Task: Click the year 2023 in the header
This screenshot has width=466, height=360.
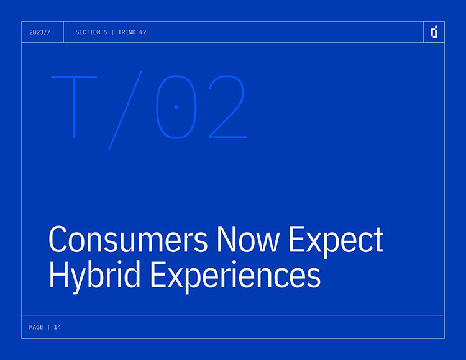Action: (x=36, y=32)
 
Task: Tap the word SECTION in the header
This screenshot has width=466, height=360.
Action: (x=88, y=32)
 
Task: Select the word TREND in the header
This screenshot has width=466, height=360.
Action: (x=127, y=32)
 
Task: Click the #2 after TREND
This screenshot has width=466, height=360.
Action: (x=143, y=32)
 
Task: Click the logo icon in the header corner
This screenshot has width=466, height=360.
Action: (x=434, y=32)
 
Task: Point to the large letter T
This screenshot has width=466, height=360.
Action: (x=74, y=107)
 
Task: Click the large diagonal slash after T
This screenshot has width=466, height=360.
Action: (x=125, y=110)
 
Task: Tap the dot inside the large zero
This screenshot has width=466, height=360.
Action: (x=176, y=107)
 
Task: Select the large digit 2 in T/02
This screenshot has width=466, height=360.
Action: (x=228, y=107)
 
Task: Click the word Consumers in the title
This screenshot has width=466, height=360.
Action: (x=128, y=239)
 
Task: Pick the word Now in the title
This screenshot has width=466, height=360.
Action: (x=248, y=239)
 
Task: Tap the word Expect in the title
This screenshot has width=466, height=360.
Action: (x=336, y=242)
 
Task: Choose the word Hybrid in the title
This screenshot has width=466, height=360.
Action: (x=94, y=277)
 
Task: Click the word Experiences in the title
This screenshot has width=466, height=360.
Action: (x=235, y=277)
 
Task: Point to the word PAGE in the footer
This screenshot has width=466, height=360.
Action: (x=36, y=327)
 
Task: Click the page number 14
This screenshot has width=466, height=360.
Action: (x=57, y=327)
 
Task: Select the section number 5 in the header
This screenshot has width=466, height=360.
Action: (x=106, y=32)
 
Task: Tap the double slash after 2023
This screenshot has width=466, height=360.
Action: (x=47, y=32)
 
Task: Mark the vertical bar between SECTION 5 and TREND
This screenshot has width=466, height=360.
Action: (x=112, y=32)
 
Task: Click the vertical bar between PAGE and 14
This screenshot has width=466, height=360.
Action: (x=48, y=327)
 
